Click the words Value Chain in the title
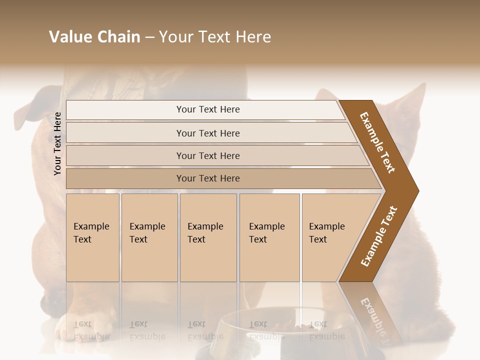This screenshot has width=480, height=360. (x=94, y=37)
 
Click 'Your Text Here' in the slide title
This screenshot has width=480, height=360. (x=215, y=37)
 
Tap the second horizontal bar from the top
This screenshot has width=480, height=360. (x=207, y=133)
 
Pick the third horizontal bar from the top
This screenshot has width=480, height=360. (x=207, y=155)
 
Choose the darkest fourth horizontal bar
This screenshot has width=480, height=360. (x=207, y=178)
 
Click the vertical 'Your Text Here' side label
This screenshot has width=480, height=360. (x=57, y=143)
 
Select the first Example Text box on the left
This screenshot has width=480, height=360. (x=92, y=237)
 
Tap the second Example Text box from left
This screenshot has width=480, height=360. (x=149, y=237)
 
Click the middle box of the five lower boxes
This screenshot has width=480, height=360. (x=208, y=237)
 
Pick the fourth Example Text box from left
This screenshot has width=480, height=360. (x=269, y=237)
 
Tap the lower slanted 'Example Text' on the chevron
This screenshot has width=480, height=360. (x=379, y=236)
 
